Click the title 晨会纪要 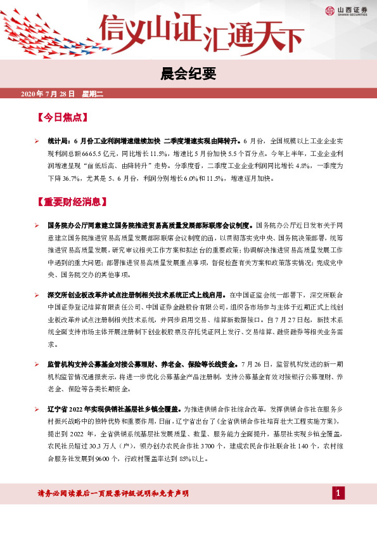point(189,74)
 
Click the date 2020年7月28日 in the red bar point(48,94)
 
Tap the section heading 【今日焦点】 point(62,118)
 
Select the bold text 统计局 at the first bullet point(58,142)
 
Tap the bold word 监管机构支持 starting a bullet point(67,365)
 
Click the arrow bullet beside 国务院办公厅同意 point(37,226)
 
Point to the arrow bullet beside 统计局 point(37,142)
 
